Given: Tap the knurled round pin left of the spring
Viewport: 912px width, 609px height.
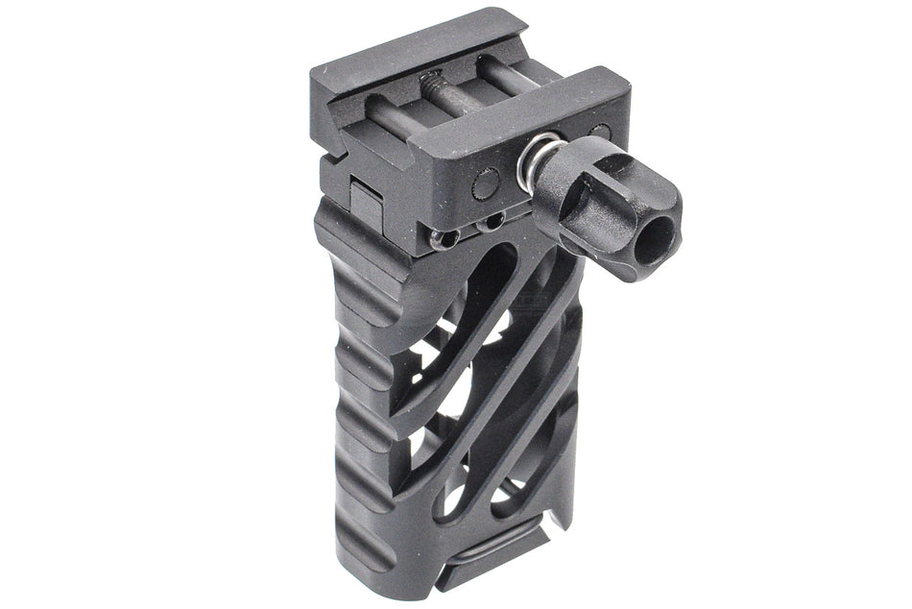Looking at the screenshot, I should [x=488, y=183].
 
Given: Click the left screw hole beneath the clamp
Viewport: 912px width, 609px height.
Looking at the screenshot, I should [x=445, y=236].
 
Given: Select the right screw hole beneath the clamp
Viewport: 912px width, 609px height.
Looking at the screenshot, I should [x=492, y=222].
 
